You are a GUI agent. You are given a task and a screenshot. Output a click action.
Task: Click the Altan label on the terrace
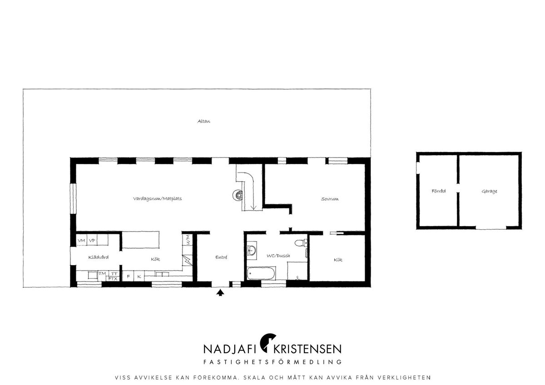point(203,121)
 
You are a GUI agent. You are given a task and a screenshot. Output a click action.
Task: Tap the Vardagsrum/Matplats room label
point(157,198)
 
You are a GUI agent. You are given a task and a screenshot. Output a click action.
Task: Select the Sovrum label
point(330,199)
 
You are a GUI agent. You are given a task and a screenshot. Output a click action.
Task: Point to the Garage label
point(489,191)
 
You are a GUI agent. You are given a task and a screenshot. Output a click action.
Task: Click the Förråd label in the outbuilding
point(438,191)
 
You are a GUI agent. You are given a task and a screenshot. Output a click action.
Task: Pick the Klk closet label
point(338,260)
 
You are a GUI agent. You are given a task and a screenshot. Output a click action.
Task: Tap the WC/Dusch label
point(278,256)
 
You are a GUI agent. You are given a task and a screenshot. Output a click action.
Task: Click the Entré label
point(221,257)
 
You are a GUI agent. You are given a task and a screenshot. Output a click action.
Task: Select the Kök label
point(155,259)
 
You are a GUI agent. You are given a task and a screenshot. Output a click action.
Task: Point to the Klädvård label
point(98,257)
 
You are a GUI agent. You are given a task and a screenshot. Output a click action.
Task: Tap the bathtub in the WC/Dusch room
point(261,273)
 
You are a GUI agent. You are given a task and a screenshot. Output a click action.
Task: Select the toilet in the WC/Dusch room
point(301,243)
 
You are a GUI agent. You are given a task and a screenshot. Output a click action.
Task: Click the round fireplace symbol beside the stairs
point(238,195)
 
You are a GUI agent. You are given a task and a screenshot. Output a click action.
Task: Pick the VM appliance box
point(81,241)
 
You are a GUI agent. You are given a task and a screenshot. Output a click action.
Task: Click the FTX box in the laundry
point(113,279)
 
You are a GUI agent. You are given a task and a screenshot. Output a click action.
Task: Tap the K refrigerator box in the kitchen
point(139,276)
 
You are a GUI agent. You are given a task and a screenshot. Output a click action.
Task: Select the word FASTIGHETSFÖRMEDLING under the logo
point(272,362)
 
